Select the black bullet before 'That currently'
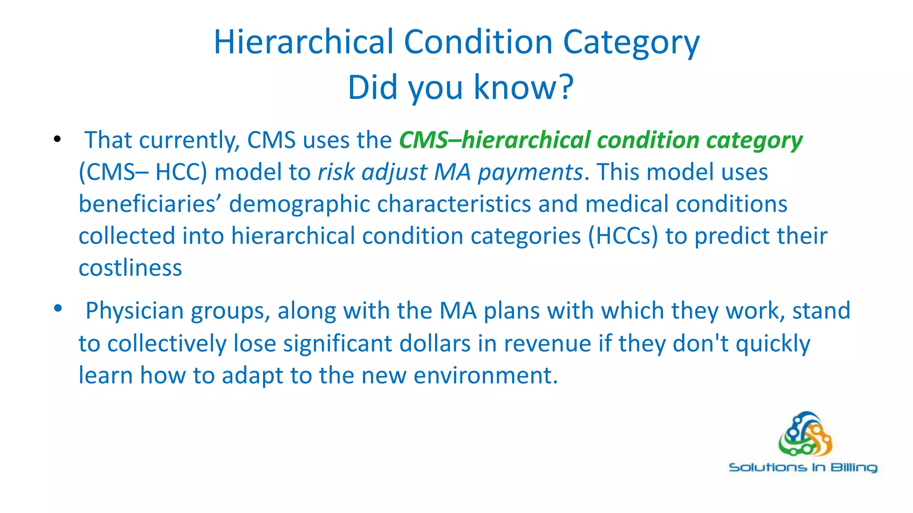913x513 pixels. click(x=57, y=139)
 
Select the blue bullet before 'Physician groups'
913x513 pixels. click(x=58, y=308)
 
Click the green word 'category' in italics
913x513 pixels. click(x=754, y=140)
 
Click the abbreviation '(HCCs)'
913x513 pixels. click(x=623, y=236)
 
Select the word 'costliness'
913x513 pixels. click(x=130, y=268)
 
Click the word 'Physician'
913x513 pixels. click(x=134, y=311)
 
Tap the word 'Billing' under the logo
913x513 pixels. click(x=853, y=468)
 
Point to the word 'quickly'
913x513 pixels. click(x=773, y=344)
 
